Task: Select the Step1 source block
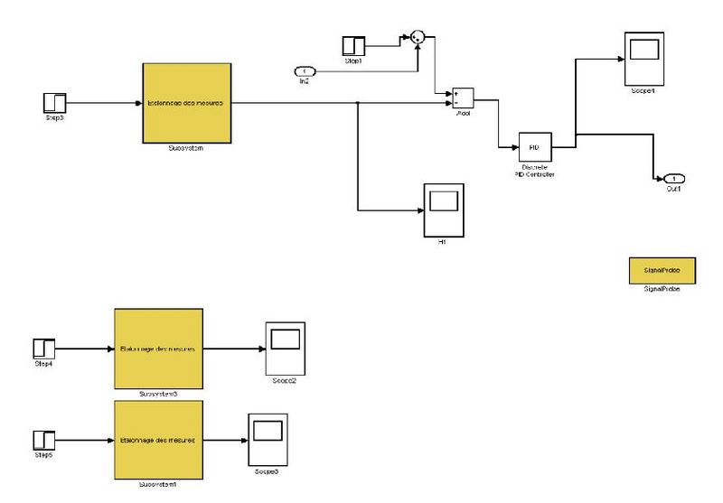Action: (x=352, y=45)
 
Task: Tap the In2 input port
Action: (x=305, y=71)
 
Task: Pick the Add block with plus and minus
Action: (x=462, y=97)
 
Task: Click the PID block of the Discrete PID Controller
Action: (x=534, y=146)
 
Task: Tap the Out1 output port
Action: (x=672, y=178)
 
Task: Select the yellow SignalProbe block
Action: (x=655, y=270)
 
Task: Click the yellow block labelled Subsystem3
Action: (x=157, y=348)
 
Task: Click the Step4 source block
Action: (x=44, y=348)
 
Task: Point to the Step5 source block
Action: (x=44, y=441)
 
